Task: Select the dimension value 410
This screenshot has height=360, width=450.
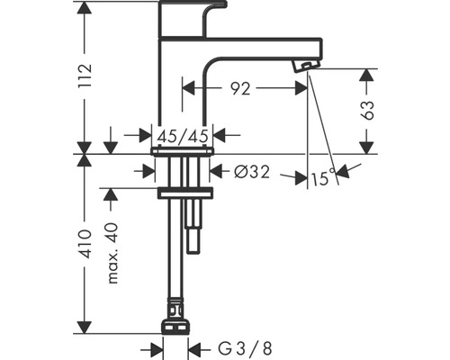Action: coord(85,243)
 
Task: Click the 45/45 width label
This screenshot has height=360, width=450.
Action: coord(184,136)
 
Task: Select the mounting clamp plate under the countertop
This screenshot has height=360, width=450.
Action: coord(184,193)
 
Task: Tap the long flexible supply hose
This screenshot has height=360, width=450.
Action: coord(175,270)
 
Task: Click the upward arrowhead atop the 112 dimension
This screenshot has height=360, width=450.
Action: coord(85,9)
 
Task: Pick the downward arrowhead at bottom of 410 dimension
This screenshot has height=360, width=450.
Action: coord(85,326)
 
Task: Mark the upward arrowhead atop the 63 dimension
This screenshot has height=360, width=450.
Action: coord(366,76)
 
